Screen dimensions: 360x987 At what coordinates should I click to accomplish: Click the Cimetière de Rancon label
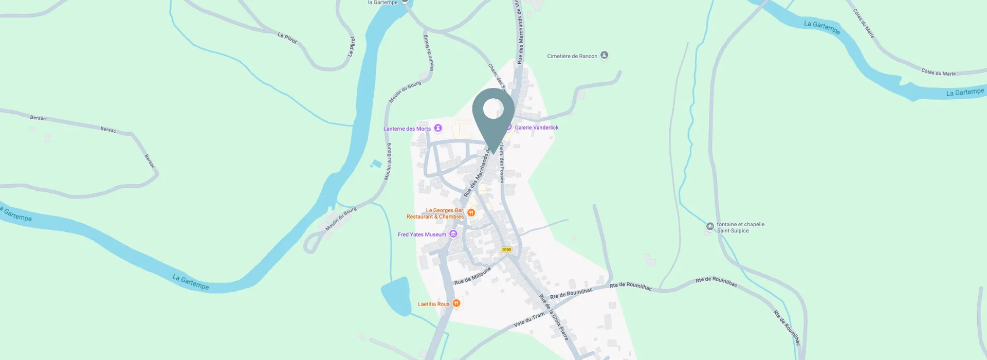[572, 56]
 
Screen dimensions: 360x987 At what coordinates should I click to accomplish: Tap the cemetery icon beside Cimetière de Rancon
[605, 56]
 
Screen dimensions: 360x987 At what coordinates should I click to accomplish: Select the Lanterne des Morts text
[407, 129]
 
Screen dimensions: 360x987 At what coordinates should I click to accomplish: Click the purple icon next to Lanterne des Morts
[438, 128]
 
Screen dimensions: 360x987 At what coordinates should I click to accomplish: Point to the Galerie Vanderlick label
[536, 128]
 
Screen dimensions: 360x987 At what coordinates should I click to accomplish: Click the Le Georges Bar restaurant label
[435, 213]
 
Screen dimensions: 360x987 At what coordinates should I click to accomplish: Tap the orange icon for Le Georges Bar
[471, 213]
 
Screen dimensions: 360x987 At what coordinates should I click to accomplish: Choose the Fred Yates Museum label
[422, 235]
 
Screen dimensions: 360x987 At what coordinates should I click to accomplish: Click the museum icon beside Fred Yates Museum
[453, 235]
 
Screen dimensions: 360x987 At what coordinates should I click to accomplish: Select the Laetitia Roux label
[433, 304]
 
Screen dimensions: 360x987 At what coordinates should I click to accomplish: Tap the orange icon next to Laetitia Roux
[456, 303]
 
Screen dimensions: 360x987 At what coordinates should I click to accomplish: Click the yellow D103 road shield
[506, 249]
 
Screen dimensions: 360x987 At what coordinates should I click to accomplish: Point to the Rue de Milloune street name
[472, 276]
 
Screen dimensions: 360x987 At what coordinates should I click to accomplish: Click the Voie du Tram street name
[528, 320]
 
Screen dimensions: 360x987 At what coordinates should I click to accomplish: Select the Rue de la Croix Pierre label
[554, 317]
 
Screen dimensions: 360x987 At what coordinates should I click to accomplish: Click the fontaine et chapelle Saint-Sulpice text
[740, 227]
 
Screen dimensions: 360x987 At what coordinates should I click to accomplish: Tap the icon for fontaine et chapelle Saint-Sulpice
[710, 226]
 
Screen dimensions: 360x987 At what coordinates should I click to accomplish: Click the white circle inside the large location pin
[493, 108]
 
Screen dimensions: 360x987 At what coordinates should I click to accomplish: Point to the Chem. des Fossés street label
[502, 163]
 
